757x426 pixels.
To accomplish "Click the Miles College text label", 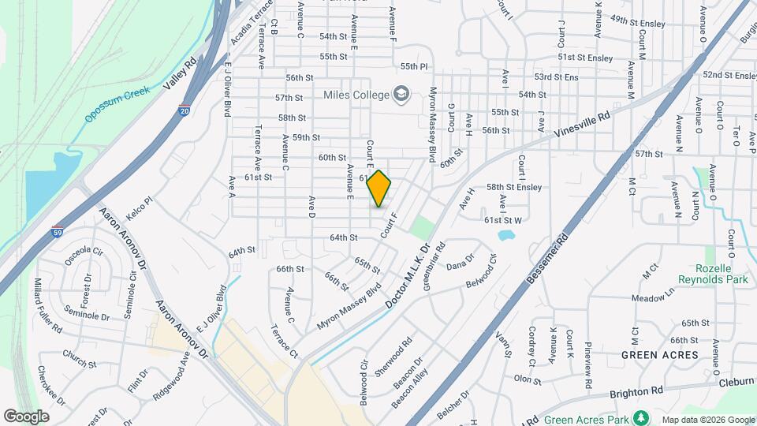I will (356, 95).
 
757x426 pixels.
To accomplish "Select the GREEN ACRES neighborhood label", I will (659, 355).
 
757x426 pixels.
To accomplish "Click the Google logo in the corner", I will (26, 416).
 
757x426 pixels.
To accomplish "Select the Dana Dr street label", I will (461, 261).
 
